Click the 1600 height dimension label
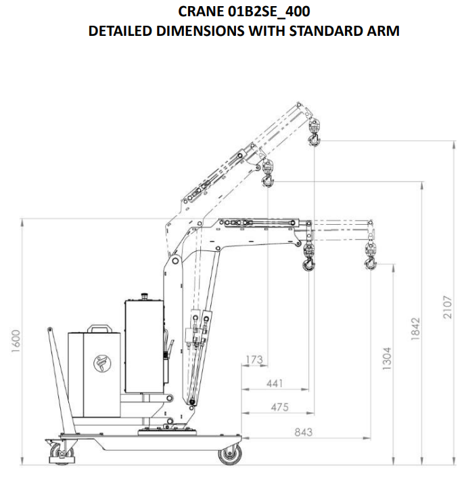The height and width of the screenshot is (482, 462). pos(16,341)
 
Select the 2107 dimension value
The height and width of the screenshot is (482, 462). pos(448,307)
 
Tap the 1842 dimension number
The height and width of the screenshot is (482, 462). pos(415,329)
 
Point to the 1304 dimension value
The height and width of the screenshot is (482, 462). pos(387,358)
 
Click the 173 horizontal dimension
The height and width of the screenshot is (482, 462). pos(254,359)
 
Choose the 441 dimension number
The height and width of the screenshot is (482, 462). pos(275,383)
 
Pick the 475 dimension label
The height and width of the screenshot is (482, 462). pos(280,407)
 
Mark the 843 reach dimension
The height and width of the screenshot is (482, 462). pos(304,432)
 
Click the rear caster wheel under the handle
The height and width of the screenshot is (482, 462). pos(61,452)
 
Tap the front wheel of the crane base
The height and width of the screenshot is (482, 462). pos(230,454)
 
